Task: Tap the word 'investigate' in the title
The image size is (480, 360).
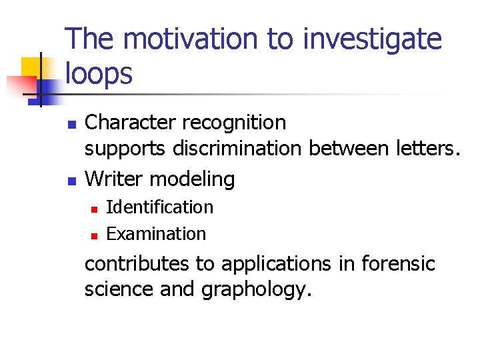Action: tap(372, 40)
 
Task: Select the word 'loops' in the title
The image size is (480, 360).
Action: tap(99, 74)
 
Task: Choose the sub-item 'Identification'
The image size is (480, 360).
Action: tap(159, 207)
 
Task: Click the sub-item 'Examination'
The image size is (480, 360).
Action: tap(156, 234)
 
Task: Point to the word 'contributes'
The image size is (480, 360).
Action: tap(137, 264)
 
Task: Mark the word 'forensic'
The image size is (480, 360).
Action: tap(398, 264)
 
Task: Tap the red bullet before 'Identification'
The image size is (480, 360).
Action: tap(94, 209)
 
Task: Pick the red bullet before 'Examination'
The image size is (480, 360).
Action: tap(94, 235)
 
